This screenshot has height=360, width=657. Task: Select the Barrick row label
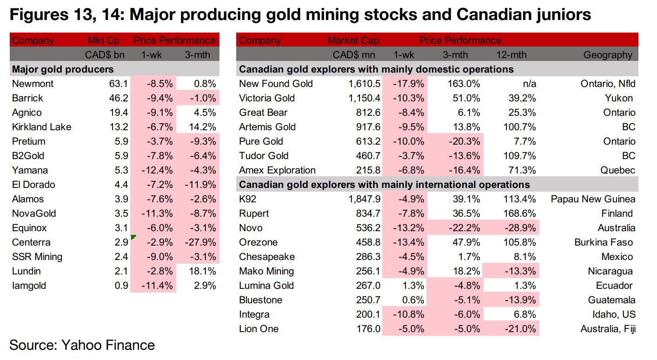pyautogui.click(x=28, y=98)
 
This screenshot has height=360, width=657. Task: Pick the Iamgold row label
pyautogui.click(x=29, y=286)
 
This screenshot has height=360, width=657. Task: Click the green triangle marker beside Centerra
pyautogui.click(x=133, y=238)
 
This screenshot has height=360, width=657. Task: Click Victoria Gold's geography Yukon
pyautogui.click(x=618, y=98)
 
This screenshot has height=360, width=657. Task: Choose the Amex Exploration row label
pyautogui.click(x=277, y=170)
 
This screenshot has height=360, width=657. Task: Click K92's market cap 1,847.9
pyautogui.click(x=364, y=199)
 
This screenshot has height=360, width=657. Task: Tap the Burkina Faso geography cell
pyautogui.click(x=604, y=242)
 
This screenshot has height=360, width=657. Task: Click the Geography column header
pyautogui.click(x=608, y=55)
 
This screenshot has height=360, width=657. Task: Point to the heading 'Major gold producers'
pyautogui.click(x=63, y=69)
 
